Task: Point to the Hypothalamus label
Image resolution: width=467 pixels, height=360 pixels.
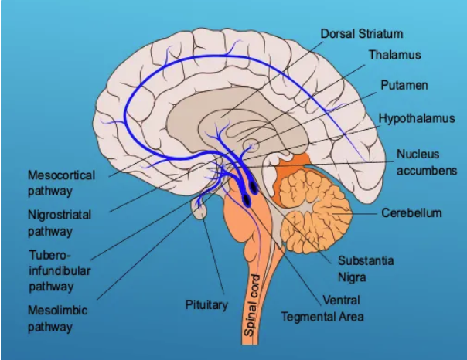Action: pos(416,118)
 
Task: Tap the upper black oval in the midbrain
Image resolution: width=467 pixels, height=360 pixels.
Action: pos(254,185)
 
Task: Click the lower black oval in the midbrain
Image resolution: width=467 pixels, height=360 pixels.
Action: pos(247,200)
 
